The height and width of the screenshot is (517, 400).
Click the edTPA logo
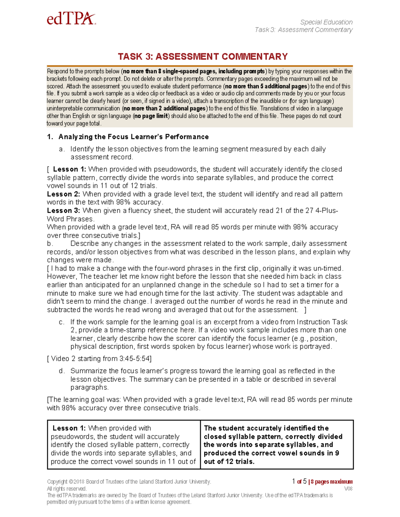point(71,19)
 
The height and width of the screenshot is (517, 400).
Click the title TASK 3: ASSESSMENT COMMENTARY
point(203,57)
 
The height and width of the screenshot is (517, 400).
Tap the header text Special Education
point(326,22)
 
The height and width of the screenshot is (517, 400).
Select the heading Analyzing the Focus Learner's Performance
point(133,137)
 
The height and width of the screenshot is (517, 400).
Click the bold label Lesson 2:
point(63,194)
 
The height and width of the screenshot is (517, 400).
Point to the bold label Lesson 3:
point(63,211)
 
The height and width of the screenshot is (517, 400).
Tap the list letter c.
point(61,322)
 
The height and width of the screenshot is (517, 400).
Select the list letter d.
point(61,371)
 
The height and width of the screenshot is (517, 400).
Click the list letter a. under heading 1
point(61,149)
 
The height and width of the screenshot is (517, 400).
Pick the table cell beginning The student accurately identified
point(276,444)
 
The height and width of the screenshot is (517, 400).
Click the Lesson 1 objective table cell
point(123,444)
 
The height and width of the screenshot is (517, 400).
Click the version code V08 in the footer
point(348,489)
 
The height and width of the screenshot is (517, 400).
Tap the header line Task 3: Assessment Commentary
point(303,30)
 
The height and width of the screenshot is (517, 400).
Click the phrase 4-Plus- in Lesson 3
point(327,211)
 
